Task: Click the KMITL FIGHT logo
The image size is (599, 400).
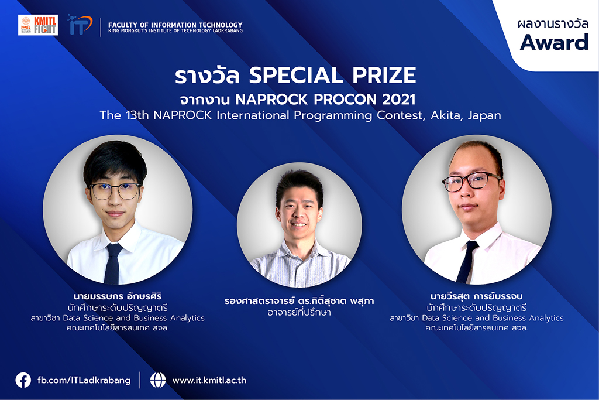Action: pos(38,25)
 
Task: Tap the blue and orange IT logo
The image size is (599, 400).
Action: pos(80,25)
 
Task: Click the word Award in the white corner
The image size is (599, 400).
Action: pos(554,42)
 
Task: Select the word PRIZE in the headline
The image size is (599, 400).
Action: pos(384,75)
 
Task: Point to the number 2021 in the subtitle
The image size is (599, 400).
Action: pos(398,100)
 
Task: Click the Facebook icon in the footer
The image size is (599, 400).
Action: pos(23,380)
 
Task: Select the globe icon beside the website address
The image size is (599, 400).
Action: pos(158,380)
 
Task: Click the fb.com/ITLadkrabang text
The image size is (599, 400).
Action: pos(84,381)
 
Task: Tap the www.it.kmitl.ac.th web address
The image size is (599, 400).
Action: pos(209,381)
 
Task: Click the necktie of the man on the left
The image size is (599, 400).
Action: pos(113,264)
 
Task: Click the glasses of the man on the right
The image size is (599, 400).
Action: pos(472,182)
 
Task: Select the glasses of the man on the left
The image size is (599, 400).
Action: pos(115,191)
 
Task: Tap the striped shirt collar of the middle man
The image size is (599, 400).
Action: pos(300,252)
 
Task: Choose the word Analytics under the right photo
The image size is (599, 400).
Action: pos(546,318)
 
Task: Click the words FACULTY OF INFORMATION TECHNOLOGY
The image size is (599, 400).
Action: pos(175,25)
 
